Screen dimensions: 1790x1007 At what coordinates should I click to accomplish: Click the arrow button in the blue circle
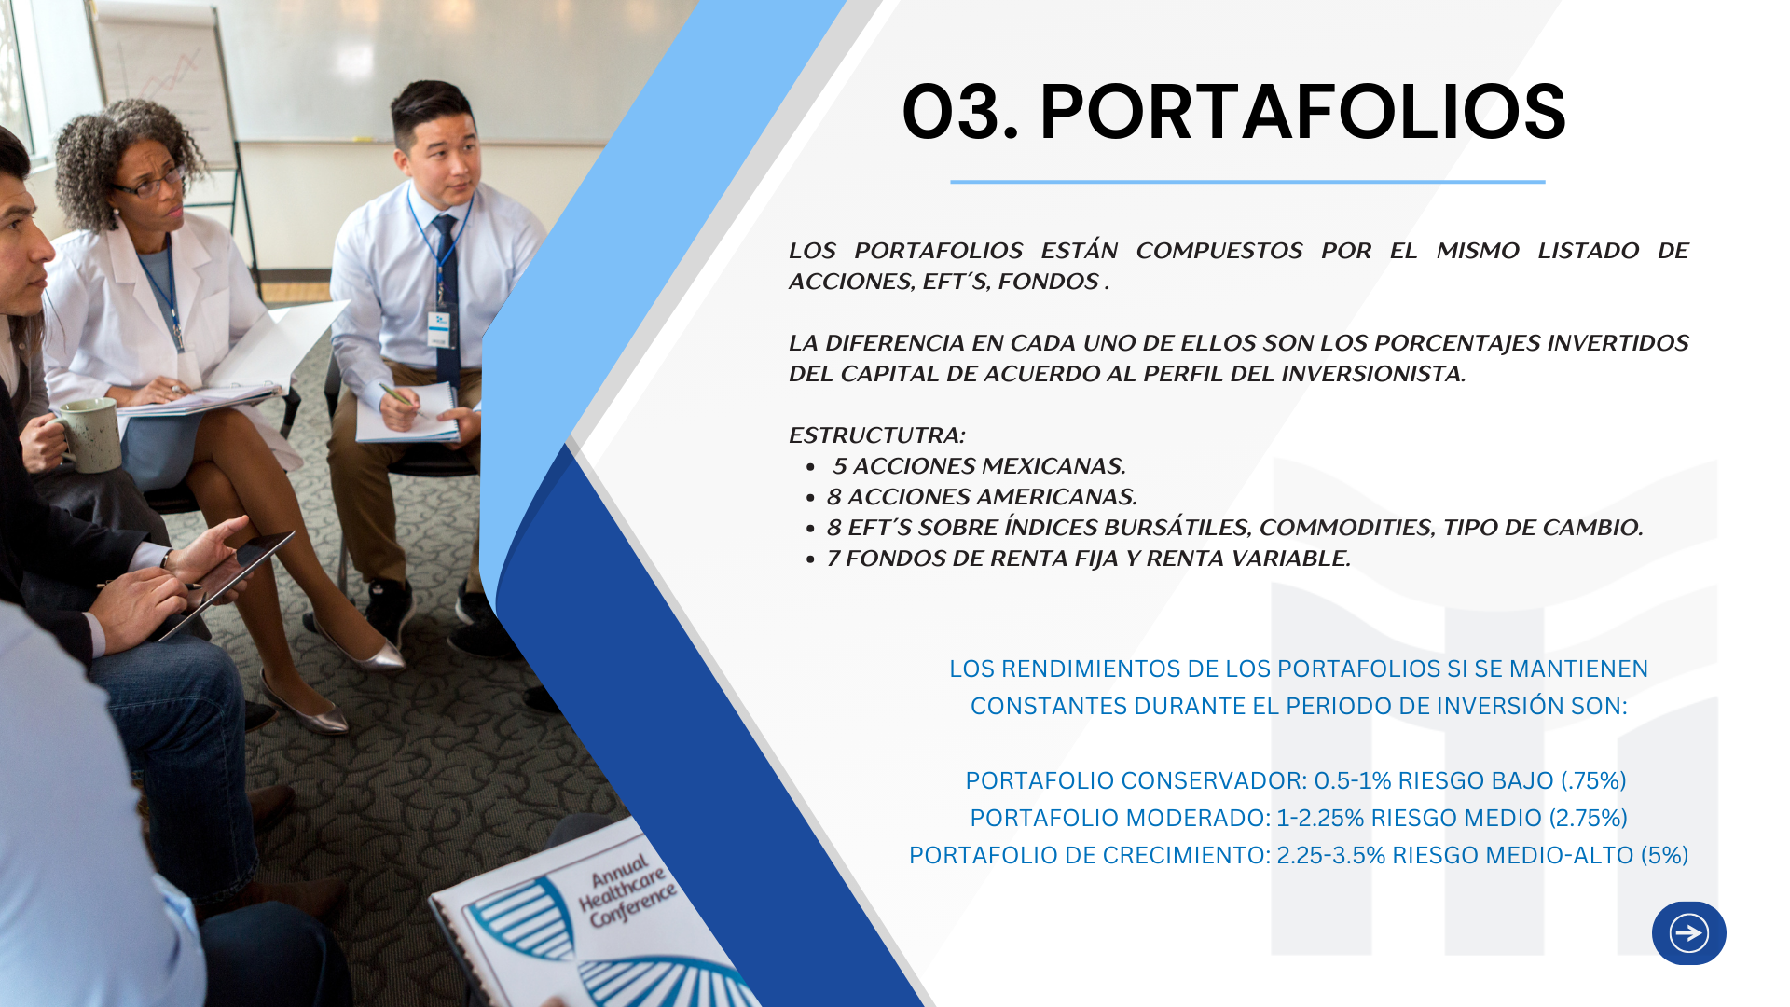pos(1688,932)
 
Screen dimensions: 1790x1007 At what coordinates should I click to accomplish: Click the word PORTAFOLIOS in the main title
pos(1302,112)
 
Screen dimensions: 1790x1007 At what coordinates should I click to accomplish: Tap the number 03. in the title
pos(960,112)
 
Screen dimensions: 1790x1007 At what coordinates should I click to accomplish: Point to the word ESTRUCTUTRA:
pos(876,435)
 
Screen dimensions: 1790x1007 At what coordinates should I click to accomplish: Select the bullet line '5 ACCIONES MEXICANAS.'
pos(979,465)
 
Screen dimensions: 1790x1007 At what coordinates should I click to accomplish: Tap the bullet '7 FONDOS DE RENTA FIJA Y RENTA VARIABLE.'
pos(1088,558)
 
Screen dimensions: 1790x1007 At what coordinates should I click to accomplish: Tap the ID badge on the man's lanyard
pos(439,327)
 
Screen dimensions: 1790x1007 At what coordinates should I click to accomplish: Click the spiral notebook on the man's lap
pos(408,414)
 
